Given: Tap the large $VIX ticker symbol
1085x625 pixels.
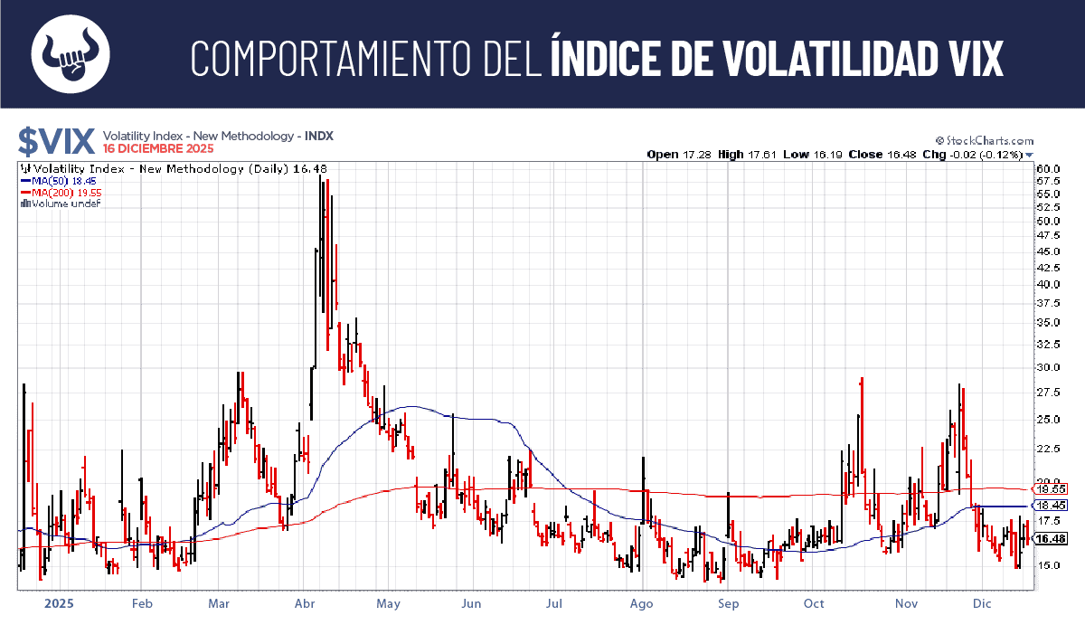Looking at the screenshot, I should [x=56, y=141].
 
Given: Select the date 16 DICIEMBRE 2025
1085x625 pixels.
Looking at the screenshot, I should [x=159, y=147].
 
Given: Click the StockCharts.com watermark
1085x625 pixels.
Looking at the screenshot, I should [x=985, y=141].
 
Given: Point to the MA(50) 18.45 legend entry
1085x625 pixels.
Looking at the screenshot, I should [x=53, y=181].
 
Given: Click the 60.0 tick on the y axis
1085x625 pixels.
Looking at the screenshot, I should [x=1048, y=168].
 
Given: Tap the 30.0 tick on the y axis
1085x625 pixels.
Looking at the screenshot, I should [x=1048, y=367].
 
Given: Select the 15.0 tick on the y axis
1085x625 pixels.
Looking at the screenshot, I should [x=1048, y=565].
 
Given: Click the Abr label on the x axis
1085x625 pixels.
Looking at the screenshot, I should [x=305, y=602].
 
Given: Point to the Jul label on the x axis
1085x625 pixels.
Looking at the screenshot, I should [x=554, y=602].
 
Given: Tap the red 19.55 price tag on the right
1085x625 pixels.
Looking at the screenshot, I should [x=1046, y=488].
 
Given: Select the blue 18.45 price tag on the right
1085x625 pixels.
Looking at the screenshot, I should [x=1046, y=506].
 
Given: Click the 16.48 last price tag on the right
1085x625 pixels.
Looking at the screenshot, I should [x=1049, y=539].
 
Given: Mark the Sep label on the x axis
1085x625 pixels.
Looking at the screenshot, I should [x=729, y=602].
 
